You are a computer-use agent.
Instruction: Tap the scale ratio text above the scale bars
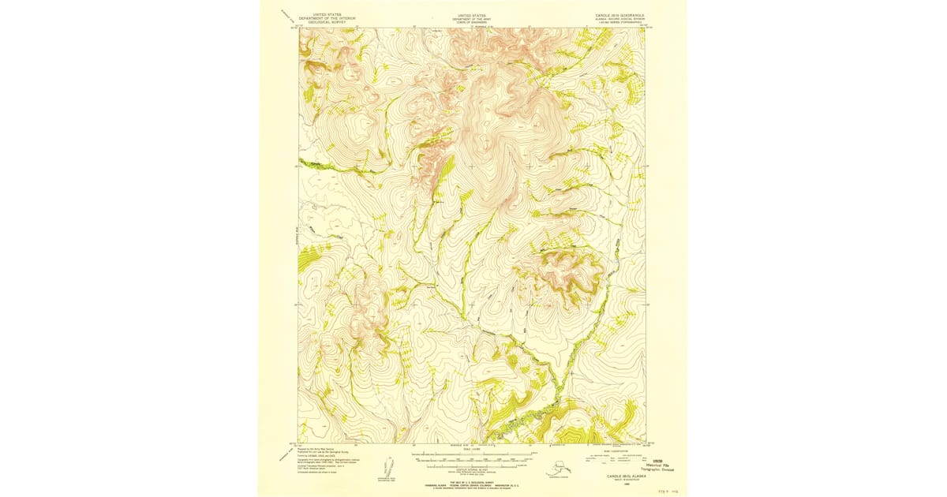472,448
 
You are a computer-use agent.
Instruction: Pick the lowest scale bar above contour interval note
472,464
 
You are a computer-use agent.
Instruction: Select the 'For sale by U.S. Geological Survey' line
472,480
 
